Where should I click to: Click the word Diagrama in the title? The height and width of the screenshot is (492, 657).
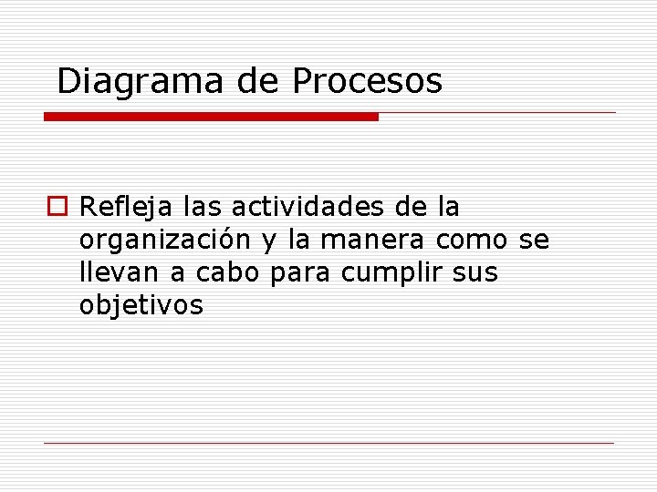tap(140, 81)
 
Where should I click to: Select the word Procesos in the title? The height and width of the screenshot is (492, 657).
tap(367, 81)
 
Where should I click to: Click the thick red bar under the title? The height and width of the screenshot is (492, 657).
tap(211, 117)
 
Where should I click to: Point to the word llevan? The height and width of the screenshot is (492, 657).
tap(111, 272)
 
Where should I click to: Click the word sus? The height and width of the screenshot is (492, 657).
tap(475, 273)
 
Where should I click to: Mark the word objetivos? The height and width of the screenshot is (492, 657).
tap(141, 305)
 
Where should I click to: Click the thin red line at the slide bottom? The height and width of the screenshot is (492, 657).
tap(328, 444)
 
